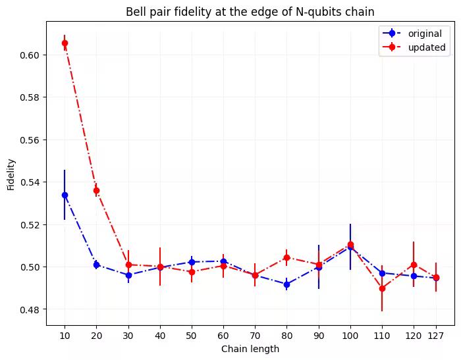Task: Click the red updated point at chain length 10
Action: point(65,43)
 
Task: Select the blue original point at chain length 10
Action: point(65,195)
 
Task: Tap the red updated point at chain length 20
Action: point(96,191)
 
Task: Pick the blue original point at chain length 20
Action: point(96,265)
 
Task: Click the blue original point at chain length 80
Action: point(286,284)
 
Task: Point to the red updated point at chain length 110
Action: point(382,288)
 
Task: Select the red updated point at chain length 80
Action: point(286,257)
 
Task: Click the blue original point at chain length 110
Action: point(382,272)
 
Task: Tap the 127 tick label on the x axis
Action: point(435,335)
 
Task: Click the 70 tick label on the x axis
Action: point(255,335)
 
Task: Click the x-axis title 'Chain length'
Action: point(250,349)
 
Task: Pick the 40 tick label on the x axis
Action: point(159,335)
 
